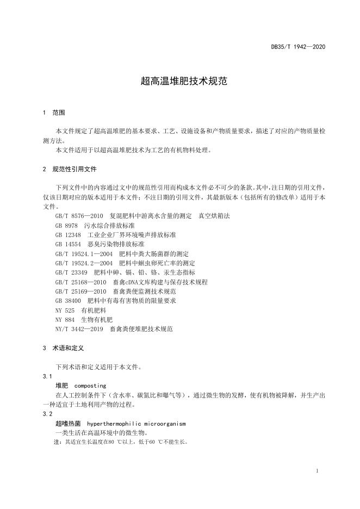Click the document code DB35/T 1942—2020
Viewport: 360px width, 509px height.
(x=298, y=47)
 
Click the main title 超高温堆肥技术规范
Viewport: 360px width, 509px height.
(x=179, y=82)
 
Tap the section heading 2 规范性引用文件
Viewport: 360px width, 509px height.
(x=69, y=169)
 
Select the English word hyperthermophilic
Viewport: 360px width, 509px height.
(x=115, y=423)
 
